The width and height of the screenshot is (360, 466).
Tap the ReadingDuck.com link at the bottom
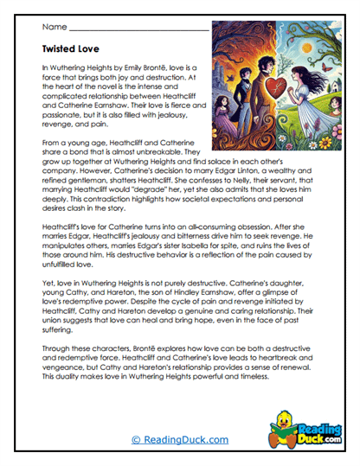tap(180, 439)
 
